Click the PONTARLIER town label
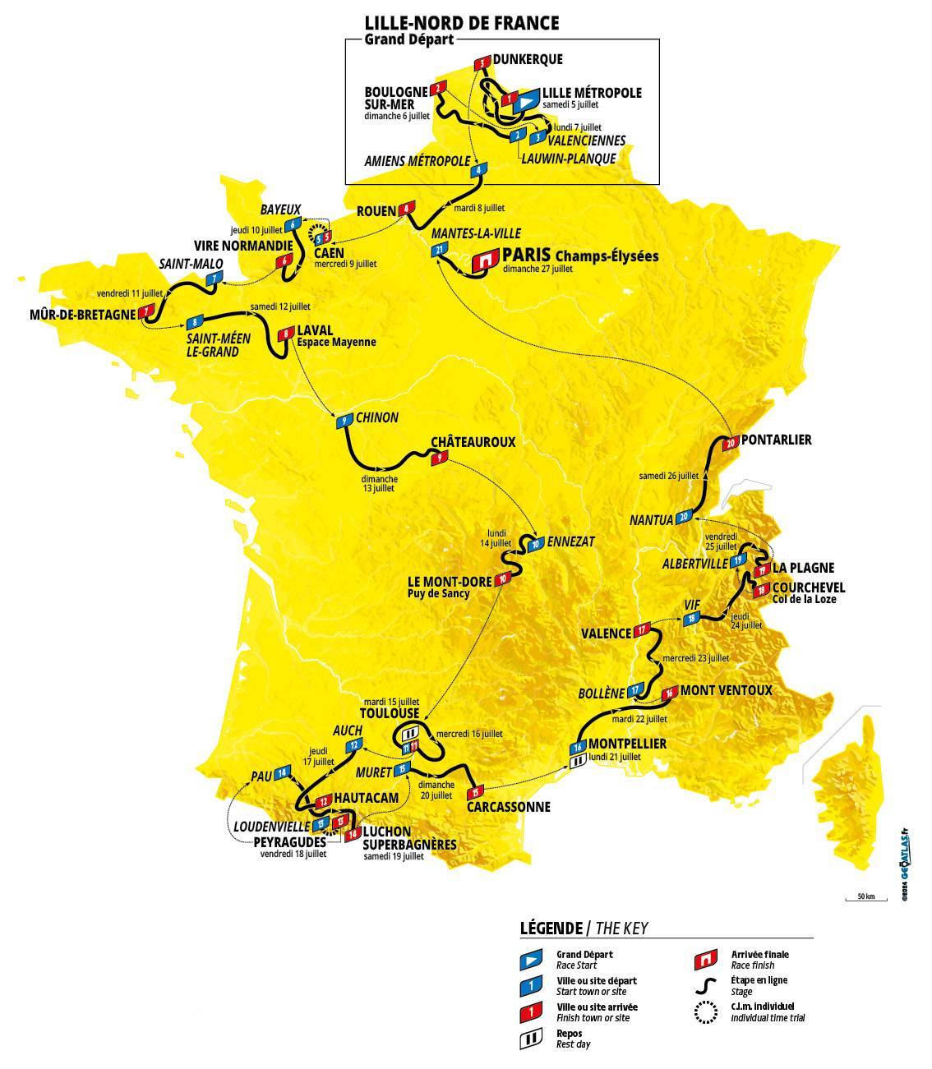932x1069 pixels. click(777, 440)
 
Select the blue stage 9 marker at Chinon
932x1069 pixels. click(344, 422)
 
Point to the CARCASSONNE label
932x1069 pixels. click(508, 807)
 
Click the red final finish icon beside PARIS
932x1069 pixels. click(485, 260)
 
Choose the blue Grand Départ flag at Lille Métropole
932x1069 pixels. click(526, 99)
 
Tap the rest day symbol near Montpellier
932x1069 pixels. click(578, 762)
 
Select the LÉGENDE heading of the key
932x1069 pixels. click(550, 928)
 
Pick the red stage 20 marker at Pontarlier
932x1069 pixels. click(731, 443)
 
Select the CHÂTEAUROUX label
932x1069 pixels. click(473, 441)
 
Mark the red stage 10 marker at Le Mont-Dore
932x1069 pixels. click(502, 578)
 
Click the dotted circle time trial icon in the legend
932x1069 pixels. click(708, 1013)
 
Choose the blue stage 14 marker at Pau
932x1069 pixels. click(284, 772)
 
